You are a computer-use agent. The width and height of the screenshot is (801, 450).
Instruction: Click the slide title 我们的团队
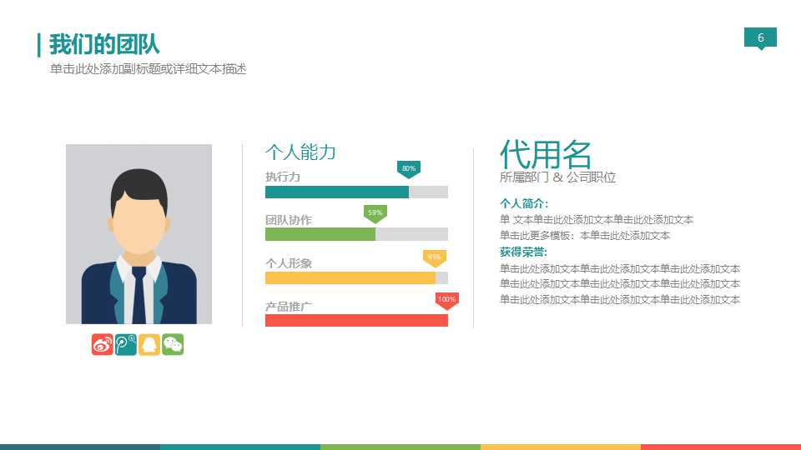pos(103,44)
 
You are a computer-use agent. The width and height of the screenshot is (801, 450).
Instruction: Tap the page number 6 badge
pos(760,37)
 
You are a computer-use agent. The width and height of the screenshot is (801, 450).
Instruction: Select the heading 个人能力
pos(300,152)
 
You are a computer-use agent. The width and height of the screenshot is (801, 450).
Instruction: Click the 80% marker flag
pos(409,168)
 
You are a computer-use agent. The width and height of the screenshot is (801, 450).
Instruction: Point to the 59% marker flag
pos(375,212)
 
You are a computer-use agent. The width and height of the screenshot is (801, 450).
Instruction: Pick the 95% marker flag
pos(434,257)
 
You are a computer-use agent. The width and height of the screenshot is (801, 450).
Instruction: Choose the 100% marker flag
pos(446,299)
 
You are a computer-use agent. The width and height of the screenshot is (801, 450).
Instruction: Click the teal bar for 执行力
pos(337,192)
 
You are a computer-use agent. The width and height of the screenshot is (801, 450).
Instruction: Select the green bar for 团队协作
pos(320,234)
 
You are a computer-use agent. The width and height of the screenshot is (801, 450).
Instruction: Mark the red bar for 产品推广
pos(356,320)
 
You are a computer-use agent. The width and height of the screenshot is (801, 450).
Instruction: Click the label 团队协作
pos(289,220)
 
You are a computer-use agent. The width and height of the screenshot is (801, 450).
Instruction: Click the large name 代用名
pos(546,154)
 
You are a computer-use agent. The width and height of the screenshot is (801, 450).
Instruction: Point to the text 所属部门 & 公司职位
pos(557,177)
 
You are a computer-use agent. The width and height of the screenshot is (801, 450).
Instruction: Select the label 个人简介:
pos(524,203)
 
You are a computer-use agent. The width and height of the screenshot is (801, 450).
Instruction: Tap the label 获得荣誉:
pos(524,252)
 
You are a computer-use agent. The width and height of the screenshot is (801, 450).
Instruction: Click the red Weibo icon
pos(103,344)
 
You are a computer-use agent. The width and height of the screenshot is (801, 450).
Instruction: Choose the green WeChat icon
pos(173,344)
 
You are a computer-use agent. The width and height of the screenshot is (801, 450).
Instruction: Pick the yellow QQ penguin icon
pos(149,344)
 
